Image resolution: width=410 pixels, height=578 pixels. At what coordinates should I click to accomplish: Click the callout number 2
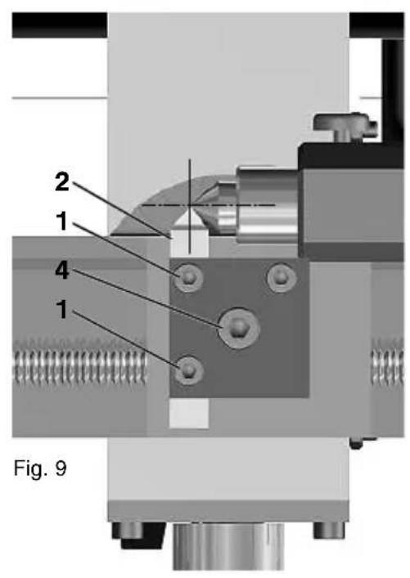point(62,182)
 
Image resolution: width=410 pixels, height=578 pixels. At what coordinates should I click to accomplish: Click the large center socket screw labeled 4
point(239,327)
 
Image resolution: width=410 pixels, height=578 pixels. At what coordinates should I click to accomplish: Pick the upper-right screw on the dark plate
point(281,277)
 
